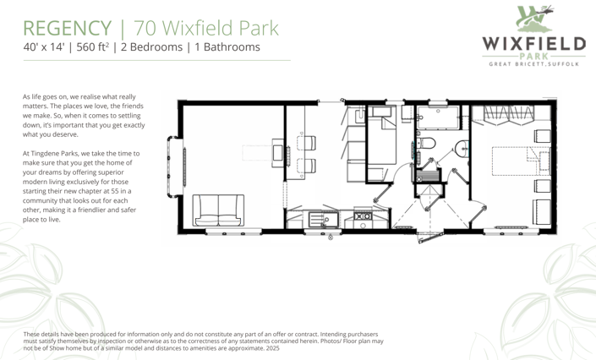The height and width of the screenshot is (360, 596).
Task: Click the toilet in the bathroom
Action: pos(426,144)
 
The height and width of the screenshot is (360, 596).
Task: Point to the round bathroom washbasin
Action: pos(461,150)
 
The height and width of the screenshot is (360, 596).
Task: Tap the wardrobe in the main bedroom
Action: pos(512,112)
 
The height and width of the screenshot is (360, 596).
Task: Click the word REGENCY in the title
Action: pos(61,28)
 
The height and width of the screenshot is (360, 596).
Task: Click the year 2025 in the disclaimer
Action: pos(272,348)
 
